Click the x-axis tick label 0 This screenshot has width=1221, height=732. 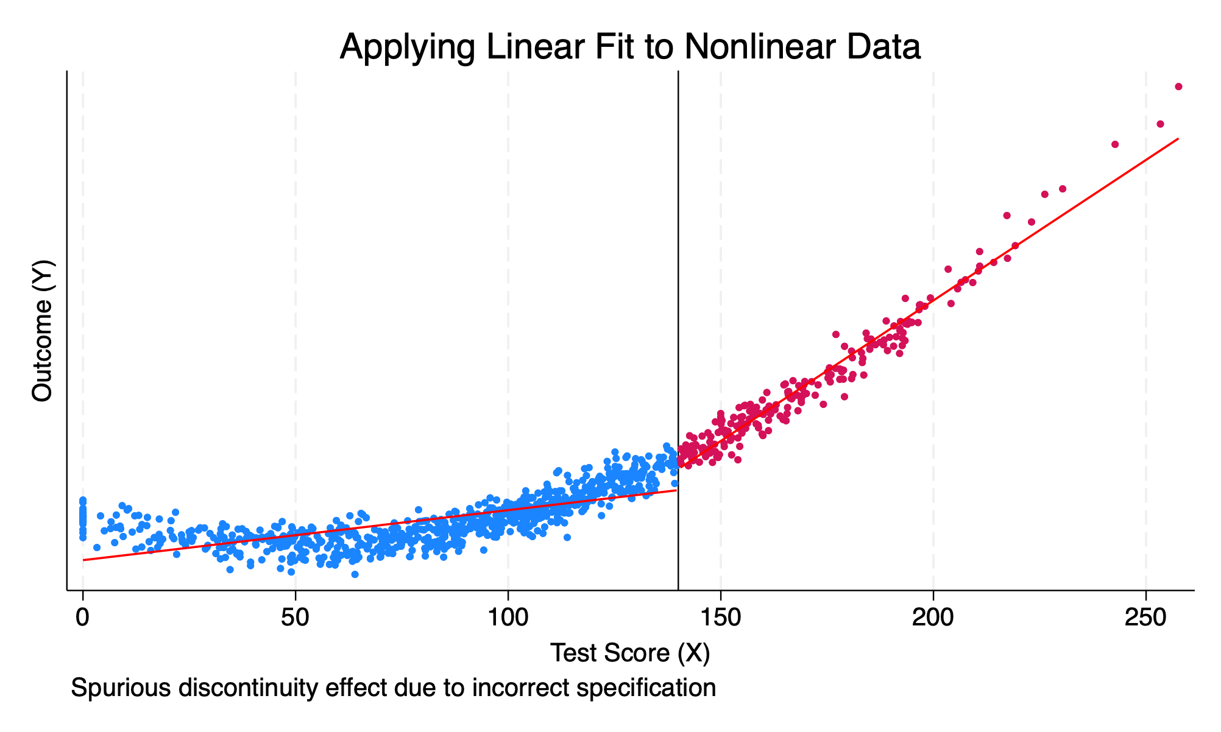(82, 617)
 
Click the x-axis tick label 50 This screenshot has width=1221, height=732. (295, 617)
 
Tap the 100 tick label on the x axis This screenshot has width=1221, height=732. (508, 617)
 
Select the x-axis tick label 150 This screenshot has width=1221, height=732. (720, 617)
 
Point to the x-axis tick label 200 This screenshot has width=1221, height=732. (933, 617)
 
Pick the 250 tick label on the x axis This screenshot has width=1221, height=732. (1145, 617)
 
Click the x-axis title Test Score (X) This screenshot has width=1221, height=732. (630, 653)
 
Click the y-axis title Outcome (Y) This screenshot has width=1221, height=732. (43, 331)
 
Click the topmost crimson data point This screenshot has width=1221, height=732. (1178, 86)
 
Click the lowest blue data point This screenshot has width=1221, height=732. (355, 574)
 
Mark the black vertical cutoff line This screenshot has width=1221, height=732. (678, 304)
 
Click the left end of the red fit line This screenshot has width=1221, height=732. (84, 560)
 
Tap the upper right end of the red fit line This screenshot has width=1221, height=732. (1178, 139)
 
